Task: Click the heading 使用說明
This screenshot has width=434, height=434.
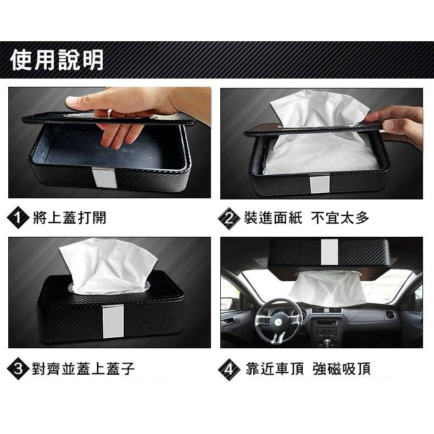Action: click(57, 60)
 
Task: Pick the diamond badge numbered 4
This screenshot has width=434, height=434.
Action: click(229, 368)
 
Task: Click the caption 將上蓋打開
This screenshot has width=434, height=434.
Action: click(69, 218)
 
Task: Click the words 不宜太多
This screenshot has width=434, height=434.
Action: click(340, 218)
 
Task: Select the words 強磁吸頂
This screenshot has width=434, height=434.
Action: click(341, 368)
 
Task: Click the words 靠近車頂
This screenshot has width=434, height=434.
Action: click(274, 368)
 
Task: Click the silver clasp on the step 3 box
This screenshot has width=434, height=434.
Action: click(110, 321)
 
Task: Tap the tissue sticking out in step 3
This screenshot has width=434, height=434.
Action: click(107, 264)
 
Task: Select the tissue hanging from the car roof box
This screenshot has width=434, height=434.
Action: click(328, 288)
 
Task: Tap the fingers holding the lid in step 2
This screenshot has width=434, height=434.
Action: click(398, 122)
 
